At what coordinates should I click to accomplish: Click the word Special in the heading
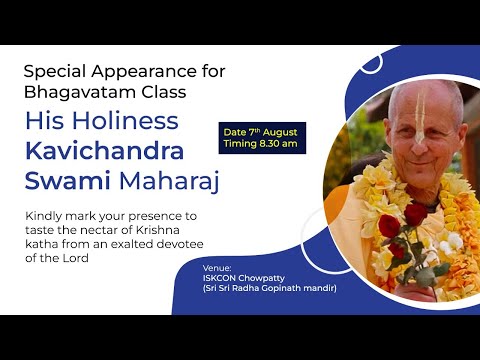pyautogui.click(x=51, y=73)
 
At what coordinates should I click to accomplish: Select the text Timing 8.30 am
pyautogui.click(x=263, y=145)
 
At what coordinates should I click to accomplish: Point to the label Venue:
pyautogui.click(x=216, y=267)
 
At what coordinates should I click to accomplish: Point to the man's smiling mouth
pyautogui.click(x=420, y=160)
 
